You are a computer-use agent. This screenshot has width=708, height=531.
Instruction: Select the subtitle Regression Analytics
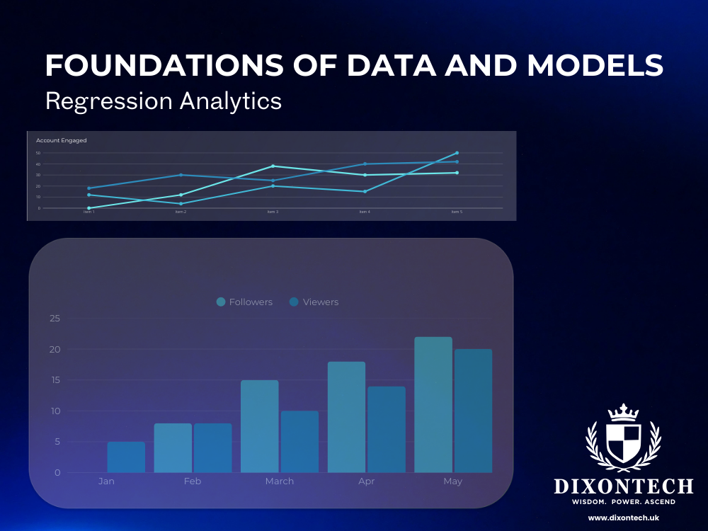click(x=164, y=101)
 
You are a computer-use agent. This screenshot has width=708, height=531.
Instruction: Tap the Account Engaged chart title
click(x=61, y=140)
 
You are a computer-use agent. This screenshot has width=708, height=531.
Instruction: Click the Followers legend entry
click(x=244, y=302)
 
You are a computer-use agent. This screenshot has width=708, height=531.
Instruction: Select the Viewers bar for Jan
click(x=126, y=457)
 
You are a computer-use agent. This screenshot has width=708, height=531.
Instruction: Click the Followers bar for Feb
click(x=173, y=448)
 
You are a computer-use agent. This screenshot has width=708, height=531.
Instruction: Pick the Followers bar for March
click(x=260, y=426)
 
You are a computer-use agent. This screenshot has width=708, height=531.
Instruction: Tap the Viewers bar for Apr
click(x=387, y=430)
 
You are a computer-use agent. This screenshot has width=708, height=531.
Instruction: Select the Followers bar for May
click(x=433, y=405)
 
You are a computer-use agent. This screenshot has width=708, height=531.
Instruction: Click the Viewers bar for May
click(x=473, y=411)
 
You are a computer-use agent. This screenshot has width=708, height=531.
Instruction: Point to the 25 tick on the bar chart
click(x=55, y=319)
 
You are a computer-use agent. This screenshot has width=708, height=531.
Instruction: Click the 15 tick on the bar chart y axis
click(x=55, y=380)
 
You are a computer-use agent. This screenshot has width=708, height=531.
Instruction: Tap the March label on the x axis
click(x=280, y=481)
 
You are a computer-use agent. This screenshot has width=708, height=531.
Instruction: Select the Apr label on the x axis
click(x=367, y=481)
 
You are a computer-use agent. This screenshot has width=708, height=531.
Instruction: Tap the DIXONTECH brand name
click(x=623, y=486)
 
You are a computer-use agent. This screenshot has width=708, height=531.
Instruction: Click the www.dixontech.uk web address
click(x=623, y=518)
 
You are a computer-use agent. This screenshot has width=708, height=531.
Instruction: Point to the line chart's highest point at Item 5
click(x=457, y=153)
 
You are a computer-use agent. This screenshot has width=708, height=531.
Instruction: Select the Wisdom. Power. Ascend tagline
click(x=623, y=502)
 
